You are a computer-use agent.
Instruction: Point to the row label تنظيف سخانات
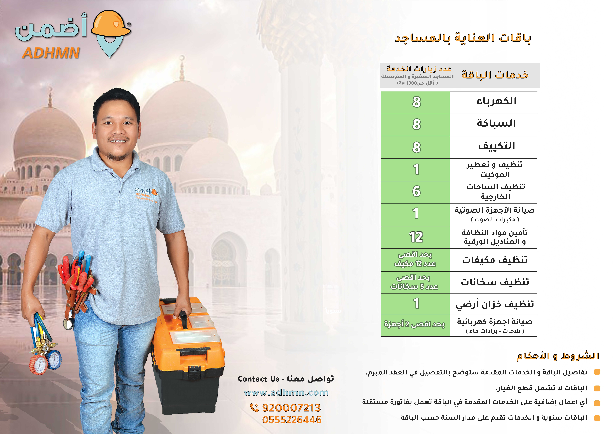(x=495, y=282)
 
